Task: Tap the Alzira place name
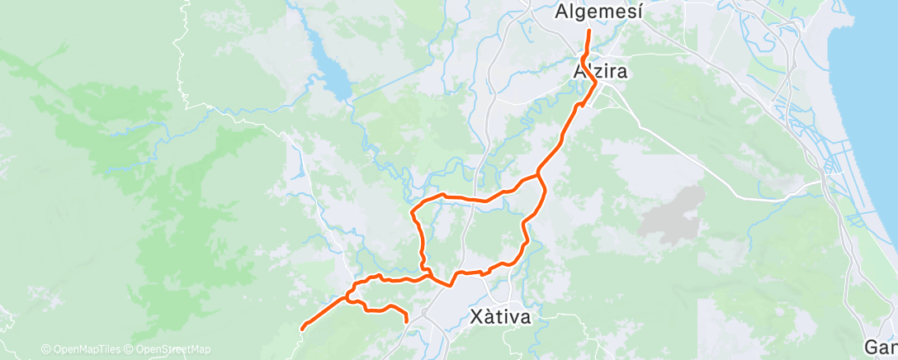coord(600,72)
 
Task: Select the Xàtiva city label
coord(499,316)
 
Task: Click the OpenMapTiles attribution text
coord(91,349)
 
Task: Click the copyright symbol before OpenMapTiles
coord(45,349)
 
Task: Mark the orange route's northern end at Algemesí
coord(588,31)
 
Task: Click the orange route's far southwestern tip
coord(302,328)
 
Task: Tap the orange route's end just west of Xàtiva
coord(407,321)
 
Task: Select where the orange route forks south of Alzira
coord(538,173)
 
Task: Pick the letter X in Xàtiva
coord(475,316)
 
